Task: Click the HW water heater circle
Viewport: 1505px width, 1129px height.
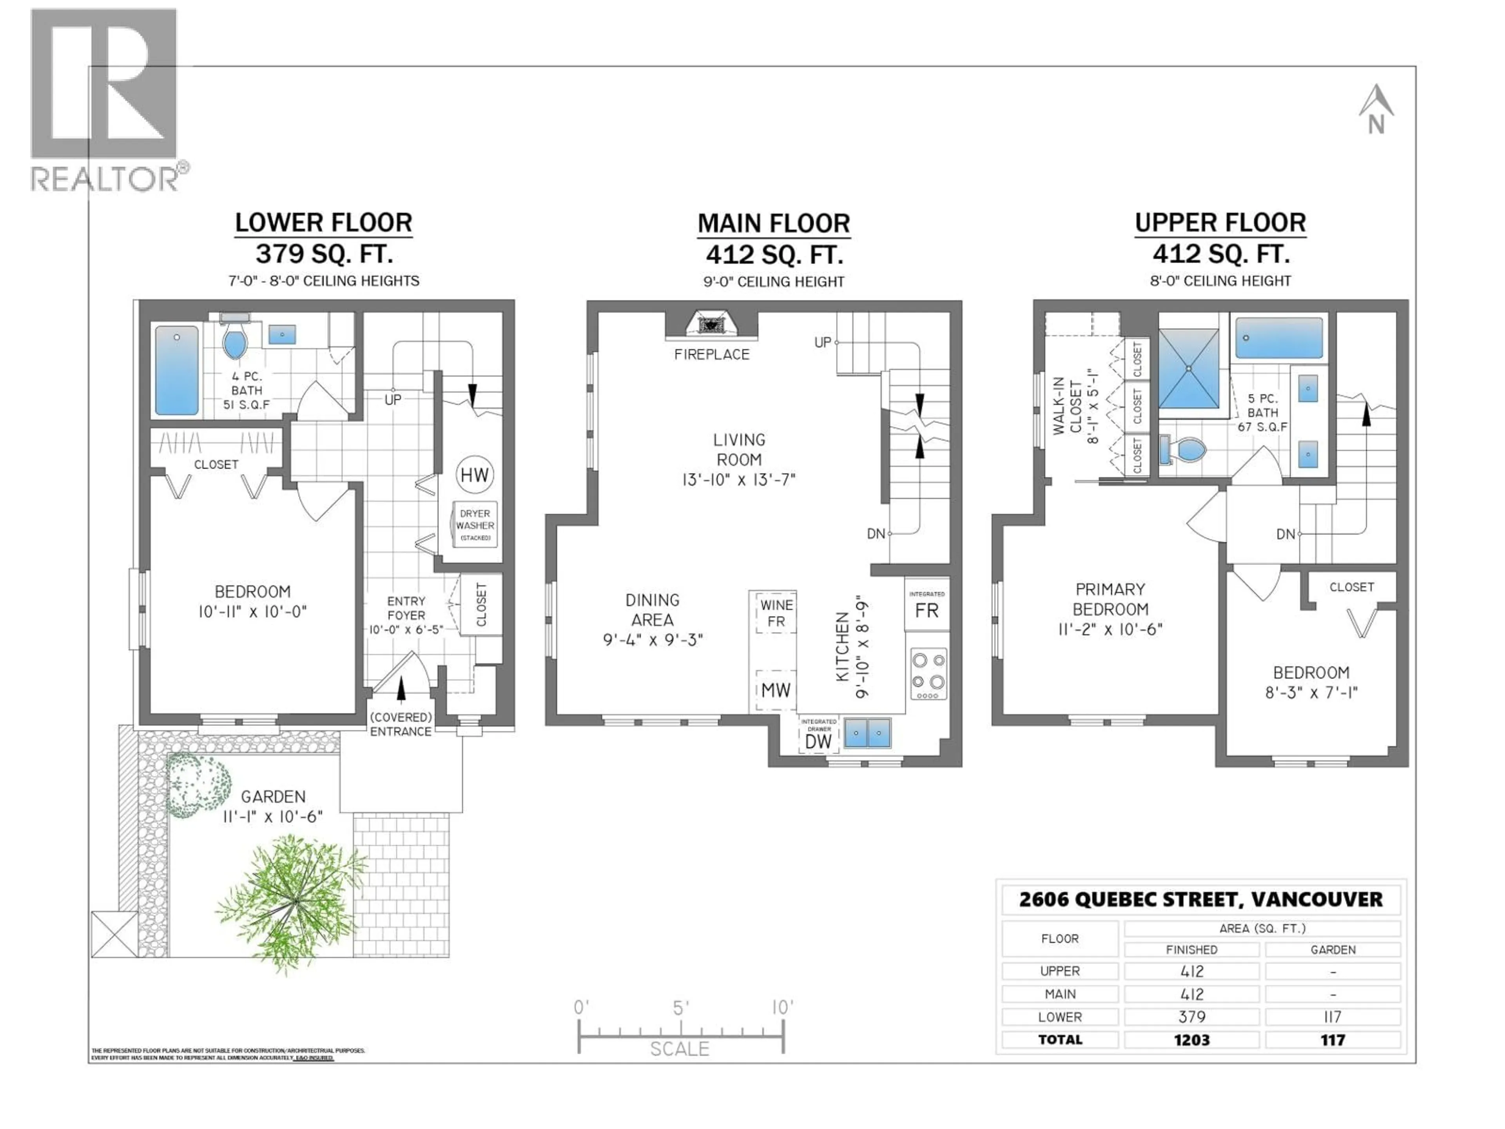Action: click(x=474, y=475)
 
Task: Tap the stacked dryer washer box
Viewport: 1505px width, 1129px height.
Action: click(x=475, y=525)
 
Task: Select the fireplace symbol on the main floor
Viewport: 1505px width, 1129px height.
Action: click(x=711, y=325)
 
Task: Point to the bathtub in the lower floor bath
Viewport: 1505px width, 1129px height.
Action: click(x=177, y=370)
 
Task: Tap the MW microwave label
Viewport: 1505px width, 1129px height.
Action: click(x=776, y=690)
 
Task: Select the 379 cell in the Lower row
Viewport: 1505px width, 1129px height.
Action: click(x=1191, y=1017)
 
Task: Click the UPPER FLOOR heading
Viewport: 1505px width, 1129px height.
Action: click(x=1220, y=223)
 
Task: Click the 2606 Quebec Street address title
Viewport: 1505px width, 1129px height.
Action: click(x=1201, y=900)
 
